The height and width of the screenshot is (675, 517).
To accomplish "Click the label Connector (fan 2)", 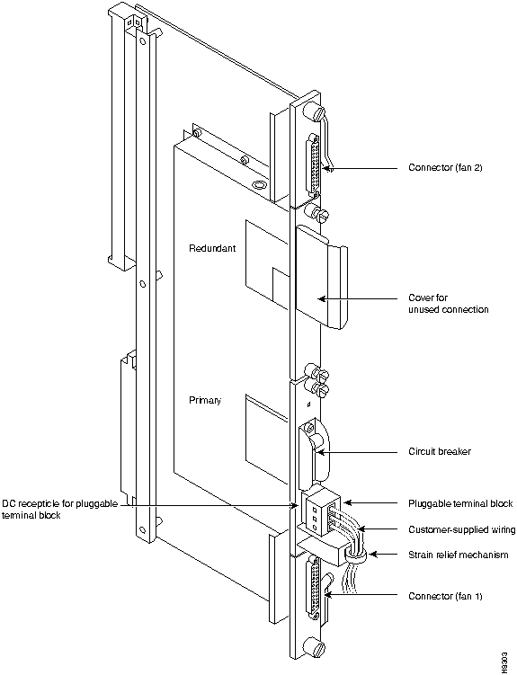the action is tap(445, 167).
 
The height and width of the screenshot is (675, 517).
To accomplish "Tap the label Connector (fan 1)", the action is tap(445, 596).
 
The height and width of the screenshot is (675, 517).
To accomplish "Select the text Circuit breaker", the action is tap(440, 451).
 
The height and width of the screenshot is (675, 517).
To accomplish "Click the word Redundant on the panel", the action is tap(212, 248).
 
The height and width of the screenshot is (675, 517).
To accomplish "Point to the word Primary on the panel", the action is tap(205, 400).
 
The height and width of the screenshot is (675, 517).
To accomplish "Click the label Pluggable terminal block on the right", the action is tap(460, 503).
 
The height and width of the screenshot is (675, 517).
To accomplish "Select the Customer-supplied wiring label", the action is tap(461, 529).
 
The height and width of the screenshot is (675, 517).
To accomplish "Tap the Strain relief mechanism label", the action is tap(458, 555).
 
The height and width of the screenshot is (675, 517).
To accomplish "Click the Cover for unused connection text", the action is tap(448, 304).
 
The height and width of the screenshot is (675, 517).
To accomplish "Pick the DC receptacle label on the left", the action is tap(60, 510).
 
